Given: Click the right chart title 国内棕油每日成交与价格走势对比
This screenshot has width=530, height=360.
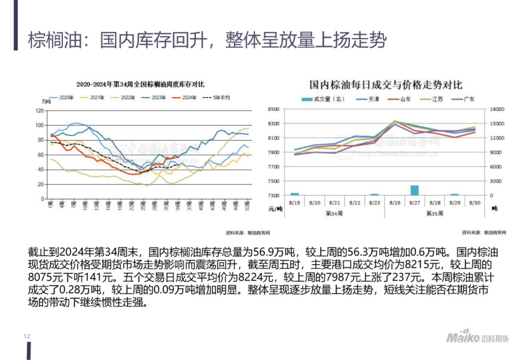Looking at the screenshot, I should pos(386,85).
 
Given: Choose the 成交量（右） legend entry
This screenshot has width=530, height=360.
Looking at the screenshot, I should pos(324,99).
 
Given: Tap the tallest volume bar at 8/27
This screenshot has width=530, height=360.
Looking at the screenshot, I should pos(415,190).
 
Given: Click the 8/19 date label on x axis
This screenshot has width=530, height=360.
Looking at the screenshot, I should pos(294,203).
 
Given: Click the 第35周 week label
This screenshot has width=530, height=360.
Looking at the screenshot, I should pos(435,213).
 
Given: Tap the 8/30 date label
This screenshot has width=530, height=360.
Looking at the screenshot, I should pos(475,203).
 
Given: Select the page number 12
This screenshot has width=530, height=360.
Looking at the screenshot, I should pos(27,336).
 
